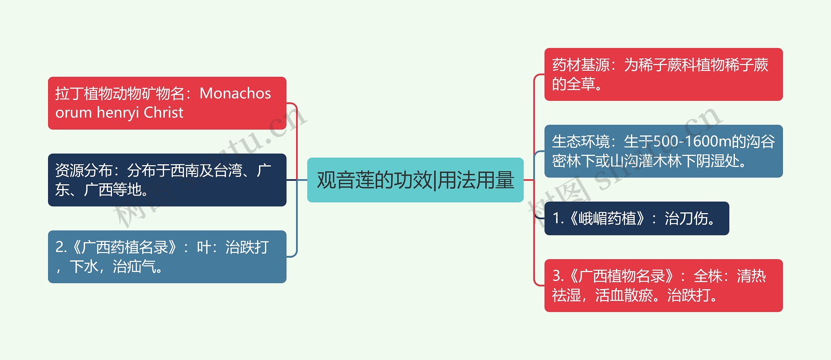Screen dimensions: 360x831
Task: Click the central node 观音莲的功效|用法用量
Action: coord(415,180)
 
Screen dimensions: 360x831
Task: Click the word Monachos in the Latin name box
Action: coord(235,93)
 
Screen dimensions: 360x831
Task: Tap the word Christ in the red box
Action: coord(163,113)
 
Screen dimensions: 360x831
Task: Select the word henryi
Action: coord(118,113)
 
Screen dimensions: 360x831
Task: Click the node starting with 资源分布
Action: coord(167,180)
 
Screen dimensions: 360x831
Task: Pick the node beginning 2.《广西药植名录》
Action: coord(167,256)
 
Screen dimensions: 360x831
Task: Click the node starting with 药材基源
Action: coord(663,74)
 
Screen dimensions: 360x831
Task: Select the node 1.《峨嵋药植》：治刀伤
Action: coord(637,218)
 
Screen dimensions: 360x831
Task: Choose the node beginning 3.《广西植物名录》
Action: coord(663,285)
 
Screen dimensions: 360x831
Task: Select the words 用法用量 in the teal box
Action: coord(476,180)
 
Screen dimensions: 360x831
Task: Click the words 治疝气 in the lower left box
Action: coord(134,267)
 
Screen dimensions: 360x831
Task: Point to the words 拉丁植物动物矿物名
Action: coord(120,93)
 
